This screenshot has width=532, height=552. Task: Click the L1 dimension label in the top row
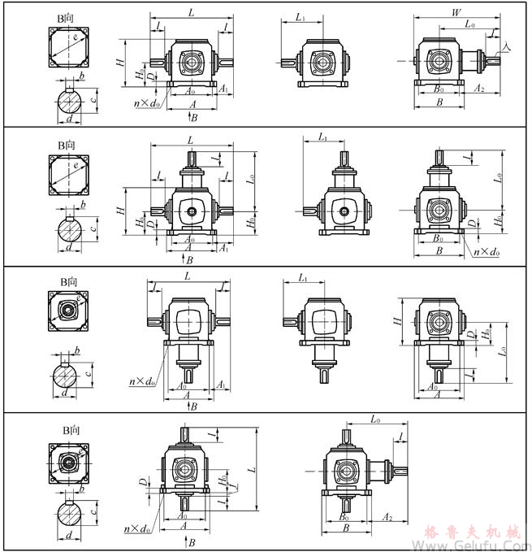coord(301,16)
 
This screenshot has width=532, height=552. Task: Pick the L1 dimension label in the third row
coord(303,279)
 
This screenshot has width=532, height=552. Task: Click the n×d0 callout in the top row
coord(147,103)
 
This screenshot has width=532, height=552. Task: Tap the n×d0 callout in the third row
coord(142,380)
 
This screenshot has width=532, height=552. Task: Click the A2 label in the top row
coord(479,89)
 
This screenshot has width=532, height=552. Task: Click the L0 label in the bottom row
coord(376,419)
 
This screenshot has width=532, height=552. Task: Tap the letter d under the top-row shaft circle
coord(68,120)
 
